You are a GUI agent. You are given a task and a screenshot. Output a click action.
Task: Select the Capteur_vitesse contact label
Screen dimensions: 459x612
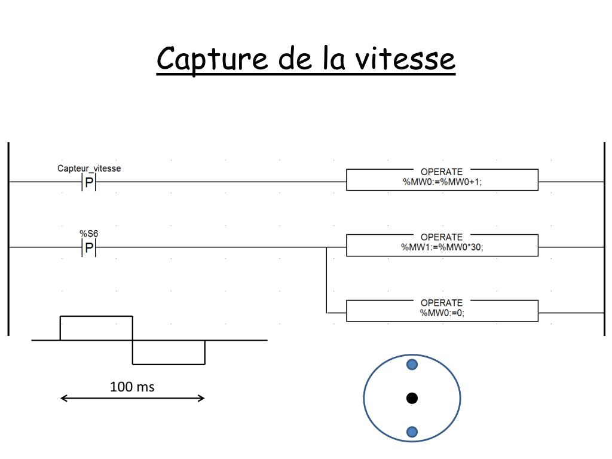point(89,169)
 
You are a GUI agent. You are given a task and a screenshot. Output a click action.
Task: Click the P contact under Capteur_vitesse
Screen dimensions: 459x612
point(89,182)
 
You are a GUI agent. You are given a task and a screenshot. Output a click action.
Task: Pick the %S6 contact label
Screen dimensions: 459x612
point(89,233)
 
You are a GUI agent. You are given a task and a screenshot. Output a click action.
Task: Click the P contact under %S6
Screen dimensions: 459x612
point(89,247)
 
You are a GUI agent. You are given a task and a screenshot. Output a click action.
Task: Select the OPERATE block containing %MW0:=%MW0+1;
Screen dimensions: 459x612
point(442,179)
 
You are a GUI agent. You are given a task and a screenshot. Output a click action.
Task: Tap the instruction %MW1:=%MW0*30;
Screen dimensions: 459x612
point(442,247)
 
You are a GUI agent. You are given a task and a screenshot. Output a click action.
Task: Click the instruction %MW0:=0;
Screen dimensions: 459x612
point(442,313)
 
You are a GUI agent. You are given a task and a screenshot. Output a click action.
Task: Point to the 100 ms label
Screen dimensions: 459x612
point(132,387)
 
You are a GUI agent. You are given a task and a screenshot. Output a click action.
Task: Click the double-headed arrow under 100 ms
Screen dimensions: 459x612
point(133,398)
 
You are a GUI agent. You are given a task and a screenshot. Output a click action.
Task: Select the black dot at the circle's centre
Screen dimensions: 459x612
point(412,398)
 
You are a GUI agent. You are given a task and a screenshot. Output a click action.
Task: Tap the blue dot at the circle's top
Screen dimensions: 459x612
point(412,365)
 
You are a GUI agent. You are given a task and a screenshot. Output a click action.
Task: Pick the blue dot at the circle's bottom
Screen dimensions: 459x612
point(412,432)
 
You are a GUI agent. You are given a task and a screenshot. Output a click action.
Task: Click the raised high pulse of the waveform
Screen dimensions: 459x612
point(96,328)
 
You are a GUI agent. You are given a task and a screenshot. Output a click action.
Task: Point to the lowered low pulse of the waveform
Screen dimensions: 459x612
point(169,352)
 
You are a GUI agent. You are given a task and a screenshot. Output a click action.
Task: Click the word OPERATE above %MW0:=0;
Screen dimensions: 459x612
point(442,303)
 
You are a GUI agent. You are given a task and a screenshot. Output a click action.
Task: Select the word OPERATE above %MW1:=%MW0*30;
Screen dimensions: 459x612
point(442,237)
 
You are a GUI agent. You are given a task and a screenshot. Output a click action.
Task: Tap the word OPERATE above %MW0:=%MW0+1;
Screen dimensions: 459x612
point(442,172)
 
